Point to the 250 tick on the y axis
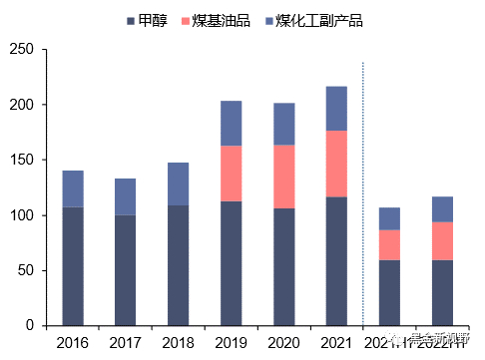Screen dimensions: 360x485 click(x=21, y=50)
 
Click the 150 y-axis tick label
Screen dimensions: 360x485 click(x=21, y=161)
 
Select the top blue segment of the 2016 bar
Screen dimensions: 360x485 click(x=73, y=188)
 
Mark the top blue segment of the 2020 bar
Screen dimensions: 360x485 click(x=284, y=124)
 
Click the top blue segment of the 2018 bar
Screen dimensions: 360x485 click(x=179, y=183)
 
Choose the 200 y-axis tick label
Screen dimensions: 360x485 click(x=21, y=105)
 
